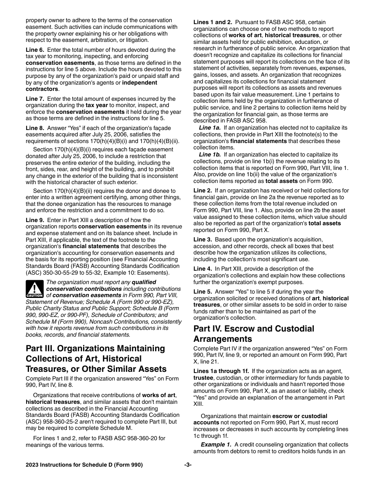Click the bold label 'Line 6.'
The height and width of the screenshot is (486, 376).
(35, 50)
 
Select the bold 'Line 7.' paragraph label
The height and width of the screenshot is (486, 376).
(35, 99)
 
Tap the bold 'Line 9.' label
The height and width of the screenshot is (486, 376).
(35, 220)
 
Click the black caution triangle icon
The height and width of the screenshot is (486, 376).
(34, 289)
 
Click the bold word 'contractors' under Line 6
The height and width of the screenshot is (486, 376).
(42, 89)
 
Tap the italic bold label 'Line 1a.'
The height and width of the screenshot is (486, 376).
(210, 128)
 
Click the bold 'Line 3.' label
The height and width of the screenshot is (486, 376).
(203, 239)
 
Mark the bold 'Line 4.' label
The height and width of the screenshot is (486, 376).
(203, 269)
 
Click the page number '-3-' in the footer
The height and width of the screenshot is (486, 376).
(188, 465)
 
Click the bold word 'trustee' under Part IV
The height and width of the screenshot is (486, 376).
(203, 378)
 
